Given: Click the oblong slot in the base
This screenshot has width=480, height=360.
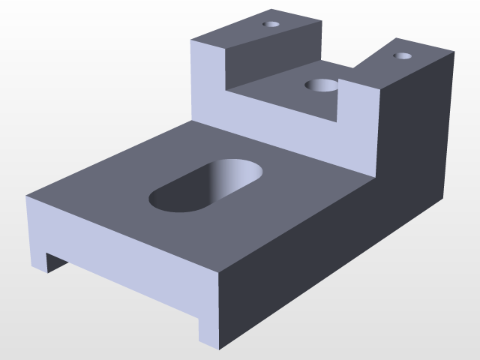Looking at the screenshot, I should (207, 185).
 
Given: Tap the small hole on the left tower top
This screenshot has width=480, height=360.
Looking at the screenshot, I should (271, 24).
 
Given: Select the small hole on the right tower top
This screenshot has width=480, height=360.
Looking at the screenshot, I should (403, 55).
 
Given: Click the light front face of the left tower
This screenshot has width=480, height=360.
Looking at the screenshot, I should (208, 82).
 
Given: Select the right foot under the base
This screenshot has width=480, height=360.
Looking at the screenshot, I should (208, 330).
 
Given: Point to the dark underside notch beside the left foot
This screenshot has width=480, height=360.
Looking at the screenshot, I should (57, 262).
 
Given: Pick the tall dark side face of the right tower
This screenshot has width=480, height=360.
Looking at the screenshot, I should (416, 127).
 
